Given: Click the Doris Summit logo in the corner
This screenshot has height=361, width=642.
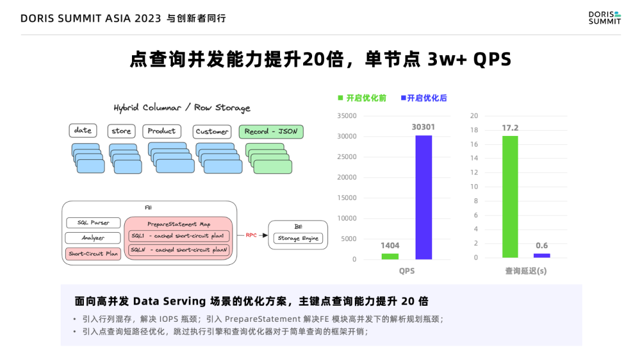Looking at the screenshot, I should pos(604,17).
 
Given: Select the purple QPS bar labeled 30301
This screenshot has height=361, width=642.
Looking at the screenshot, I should pos(423,197).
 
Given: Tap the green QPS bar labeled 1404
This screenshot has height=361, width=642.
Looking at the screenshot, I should pos(390,256).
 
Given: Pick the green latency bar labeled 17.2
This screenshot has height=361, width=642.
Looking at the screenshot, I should pos(510,197).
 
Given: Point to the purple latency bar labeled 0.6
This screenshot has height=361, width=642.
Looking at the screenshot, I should pos(542,255).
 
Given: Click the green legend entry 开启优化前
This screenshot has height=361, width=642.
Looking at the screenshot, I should pos(362,98).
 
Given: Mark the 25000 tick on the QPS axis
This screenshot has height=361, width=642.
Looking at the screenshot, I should pos(347,157).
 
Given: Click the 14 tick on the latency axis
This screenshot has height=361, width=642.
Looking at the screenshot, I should pos(474,158).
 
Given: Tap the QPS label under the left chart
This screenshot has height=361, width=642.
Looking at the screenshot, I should pos(407,271).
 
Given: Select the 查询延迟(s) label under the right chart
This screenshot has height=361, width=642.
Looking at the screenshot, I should pos(526,271).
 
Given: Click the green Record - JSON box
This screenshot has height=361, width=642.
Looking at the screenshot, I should pos(270,131).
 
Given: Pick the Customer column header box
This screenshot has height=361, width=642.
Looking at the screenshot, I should pos(212,131).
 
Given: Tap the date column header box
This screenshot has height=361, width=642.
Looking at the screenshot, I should pos(83,131).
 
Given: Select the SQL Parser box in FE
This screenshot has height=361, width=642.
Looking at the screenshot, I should pos(92,223).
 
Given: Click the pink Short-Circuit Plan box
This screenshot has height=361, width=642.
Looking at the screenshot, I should pos(92,254).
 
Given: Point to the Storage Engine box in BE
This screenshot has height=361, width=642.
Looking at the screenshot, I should pos(298,238).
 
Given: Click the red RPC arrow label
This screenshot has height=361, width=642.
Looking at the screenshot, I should pos(251,235).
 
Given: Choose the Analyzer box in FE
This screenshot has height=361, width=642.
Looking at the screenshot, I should pos(92,238).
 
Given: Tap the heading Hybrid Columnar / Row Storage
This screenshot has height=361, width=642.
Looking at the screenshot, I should pos(182,107).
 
